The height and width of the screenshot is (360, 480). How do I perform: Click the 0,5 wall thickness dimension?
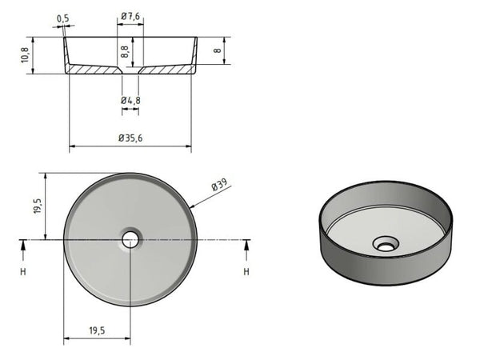(x=63, y=17)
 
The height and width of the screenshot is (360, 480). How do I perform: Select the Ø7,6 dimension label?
(x=131, y=16)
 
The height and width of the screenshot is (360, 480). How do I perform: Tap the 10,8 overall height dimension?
(x=25, y=55)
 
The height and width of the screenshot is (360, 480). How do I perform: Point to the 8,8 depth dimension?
(x=125, y=50)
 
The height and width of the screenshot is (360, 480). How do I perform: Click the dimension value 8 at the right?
(x=217, y=50)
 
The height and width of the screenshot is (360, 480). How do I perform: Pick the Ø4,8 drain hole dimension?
(x=130, y=100)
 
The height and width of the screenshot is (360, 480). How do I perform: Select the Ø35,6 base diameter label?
(x=130, y=138)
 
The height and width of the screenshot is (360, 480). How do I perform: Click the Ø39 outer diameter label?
(x=219, y=186)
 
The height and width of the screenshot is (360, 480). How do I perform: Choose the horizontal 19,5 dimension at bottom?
(x=96, y=329)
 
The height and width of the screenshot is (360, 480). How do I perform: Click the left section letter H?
(x=23, y=272)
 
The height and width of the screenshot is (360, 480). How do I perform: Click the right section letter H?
(x=246, y=272)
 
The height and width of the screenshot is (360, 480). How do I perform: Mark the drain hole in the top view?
(x=130, y=238)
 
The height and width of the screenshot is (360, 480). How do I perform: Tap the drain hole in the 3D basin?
(x=386, y=243)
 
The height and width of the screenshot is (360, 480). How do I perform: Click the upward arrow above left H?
(x=23, y=250)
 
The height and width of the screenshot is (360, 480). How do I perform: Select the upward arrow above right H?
(x=246, y=250)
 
